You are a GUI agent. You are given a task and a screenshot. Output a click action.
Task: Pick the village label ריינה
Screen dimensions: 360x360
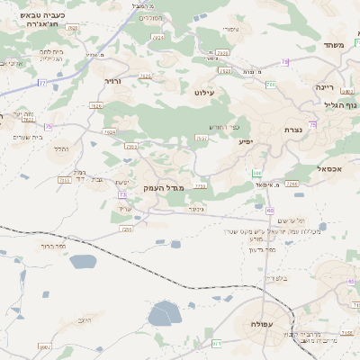click(x=325, y=87)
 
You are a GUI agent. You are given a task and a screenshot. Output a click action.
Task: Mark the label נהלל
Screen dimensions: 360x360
click(x=61, y=148)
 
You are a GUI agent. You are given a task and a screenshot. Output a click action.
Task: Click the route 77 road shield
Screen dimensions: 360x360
click(x=41, y=82)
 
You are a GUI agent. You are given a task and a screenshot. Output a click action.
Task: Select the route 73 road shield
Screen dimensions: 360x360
click(x=120, y=193)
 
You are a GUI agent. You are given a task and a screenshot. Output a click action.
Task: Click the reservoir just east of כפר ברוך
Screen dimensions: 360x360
click(x=83, y=262)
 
